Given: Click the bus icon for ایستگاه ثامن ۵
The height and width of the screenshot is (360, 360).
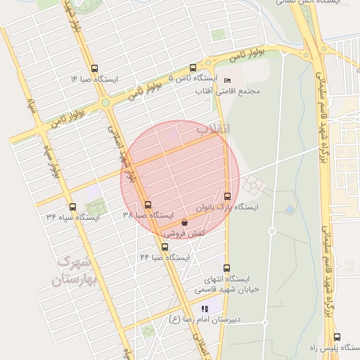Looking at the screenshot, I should (x=193, y=67).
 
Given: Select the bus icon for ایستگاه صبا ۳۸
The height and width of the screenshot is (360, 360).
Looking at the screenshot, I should (x=148, y=205).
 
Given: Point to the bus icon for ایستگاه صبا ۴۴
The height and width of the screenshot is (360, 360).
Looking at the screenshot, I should (x=165, y=247).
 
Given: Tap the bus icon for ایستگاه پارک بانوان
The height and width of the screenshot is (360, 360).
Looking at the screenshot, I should (x=226, y=196).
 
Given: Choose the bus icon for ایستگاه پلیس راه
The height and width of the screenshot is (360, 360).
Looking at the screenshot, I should (x=337, y=337).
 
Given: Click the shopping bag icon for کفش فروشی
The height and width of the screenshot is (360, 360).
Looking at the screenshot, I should (x=184, y=222).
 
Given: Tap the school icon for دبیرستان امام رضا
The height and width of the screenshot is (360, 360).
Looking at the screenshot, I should (x=205, y=309).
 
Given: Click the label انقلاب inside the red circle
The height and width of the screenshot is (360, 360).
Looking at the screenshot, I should (x=212, y=129).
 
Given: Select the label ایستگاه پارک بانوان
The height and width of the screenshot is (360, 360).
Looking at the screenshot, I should (x=231, y=207).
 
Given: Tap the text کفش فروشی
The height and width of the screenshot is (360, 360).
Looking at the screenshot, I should (x=182, y=232).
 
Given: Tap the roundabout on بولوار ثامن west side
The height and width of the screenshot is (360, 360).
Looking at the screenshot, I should (x=105, y=103).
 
